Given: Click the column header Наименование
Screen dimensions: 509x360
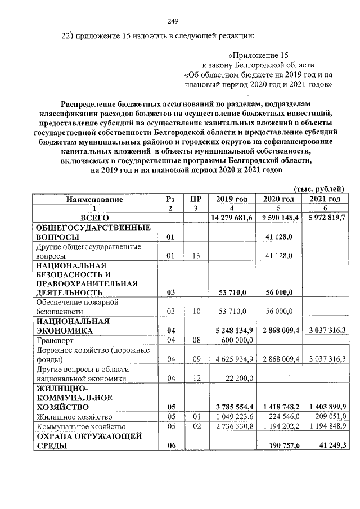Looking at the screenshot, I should [x=94, y=199].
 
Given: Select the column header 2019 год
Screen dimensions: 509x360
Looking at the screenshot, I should [x=231, y=199].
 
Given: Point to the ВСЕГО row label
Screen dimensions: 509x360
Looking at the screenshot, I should [x=94, y=217].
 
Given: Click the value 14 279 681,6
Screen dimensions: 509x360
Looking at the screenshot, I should [x=231, y=217].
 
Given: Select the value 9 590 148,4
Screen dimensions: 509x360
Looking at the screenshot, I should [x=278, y=217].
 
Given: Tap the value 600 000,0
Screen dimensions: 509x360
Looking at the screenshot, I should [x=237, y=340].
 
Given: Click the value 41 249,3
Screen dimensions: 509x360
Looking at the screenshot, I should [x=329, y=446].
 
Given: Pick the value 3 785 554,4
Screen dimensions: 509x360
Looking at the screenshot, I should [x=232, y=407].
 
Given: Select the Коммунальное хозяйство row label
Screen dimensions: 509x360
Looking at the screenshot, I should [x=80, y=427].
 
